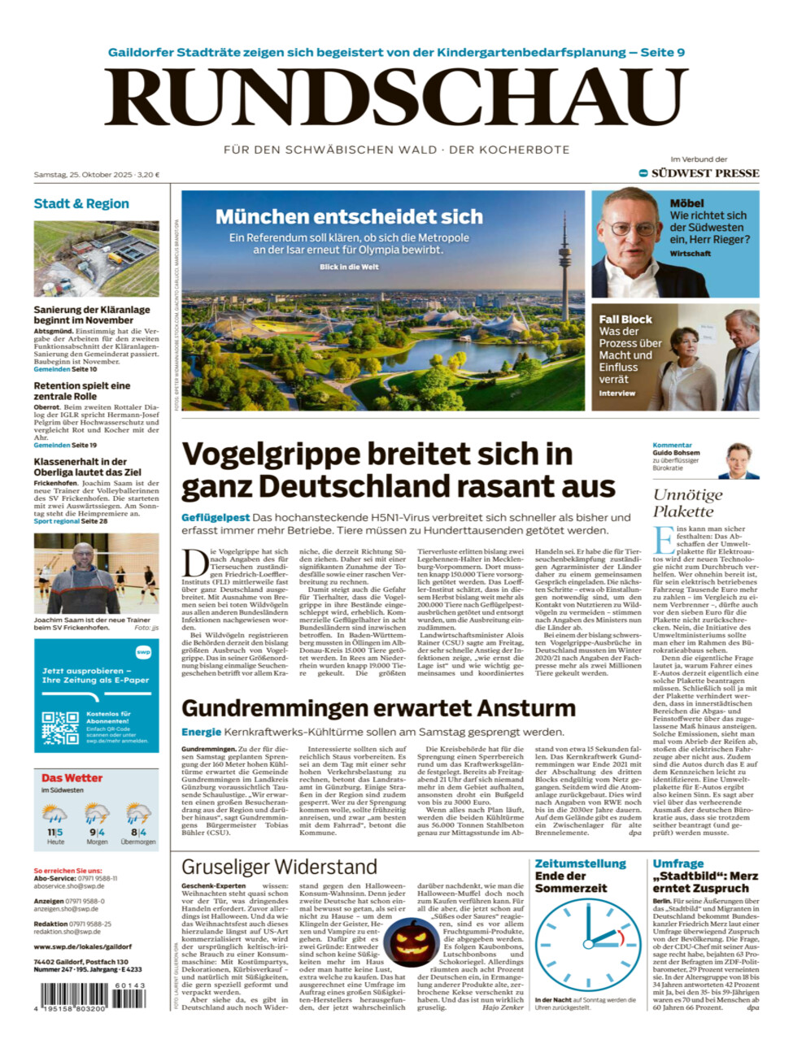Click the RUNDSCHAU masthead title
click(396, 98)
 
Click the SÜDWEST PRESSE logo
click(704, 173)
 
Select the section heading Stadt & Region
click(81, 203)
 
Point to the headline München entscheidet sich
click(349, 216)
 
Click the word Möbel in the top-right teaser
click(686, 203)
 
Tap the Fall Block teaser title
click(625, 320)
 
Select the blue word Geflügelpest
click(216, 517)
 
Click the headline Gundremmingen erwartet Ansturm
click(378, 708)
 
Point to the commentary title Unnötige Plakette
click(687, 503)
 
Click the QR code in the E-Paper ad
click(60, 728)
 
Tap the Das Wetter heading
click(72, 778)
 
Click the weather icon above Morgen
click(97, 813)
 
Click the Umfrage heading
click(678, 863)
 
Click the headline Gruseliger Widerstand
click(279, 867)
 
